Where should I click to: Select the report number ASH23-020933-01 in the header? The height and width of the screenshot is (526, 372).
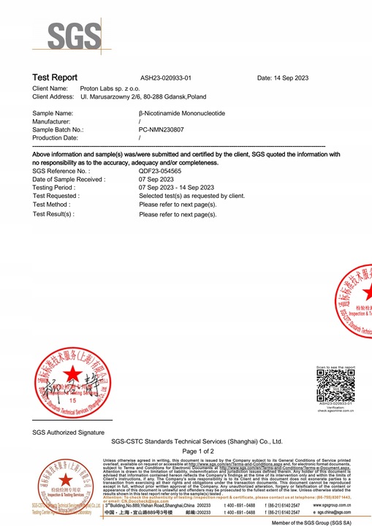point(166,77)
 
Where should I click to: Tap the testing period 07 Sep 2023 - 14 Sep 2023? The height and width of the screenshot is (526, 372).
point(176,187)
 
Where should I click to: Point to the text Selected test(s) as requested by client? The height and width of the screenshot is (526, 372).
point(191,196)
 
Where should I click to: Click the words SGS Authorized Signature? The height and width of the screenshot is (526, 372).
point(69,432)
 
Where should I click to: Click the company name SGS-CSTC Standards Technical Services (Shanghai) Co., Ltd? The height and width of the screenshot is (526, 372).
point(197,442)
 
